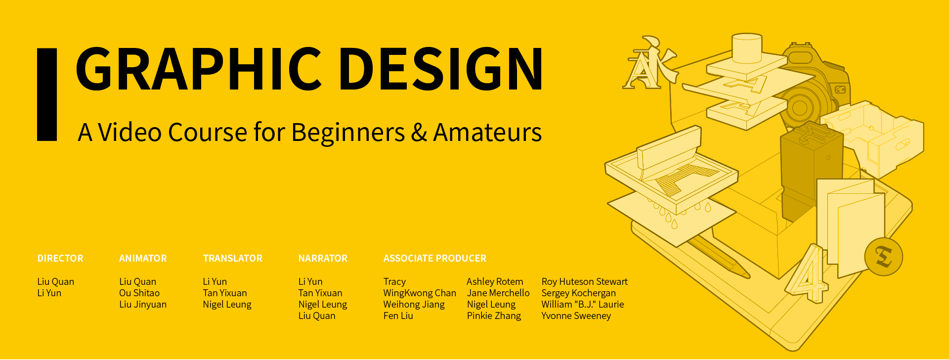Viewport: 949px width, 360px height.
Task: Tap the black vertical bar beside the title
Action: (47, 94)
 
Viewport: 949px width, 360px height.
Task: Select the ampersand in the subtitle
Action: (419, 133)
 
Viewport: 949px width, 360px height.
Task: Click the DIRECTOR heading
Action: (60, 258)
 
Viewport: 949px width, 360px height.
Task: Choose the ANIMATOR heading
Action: (143, 258)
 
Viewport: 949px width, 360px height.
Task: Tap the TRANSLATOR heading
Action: (233, 258)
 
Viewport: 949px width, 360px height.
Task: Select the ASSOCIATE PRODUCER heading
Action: (435, 258)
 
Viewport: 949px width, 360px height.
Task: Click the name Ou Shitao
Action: (139, 293)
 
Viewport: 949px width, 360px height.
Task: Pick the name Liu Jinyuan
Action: (143, 305)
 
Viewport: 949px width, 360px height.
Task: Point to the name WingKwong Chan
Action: (420, 293)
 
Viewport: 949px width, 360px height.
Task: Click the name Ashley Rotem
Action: (495, 282)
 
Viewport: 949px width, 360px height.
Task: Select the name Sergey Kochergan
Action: (579, 293)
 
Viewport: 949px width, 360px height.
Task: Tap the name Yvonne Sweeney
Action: (576, 316)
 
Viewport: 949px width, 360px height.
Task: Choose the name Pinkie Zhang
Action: (494, 316)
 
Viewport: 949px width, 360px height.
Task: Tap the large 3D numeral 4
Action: (808, 273)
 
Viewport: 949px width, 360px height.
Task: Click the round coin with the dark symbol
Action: (884, 257)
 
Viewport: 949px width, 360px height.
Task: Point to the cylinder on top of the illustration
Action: (747, 48)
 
